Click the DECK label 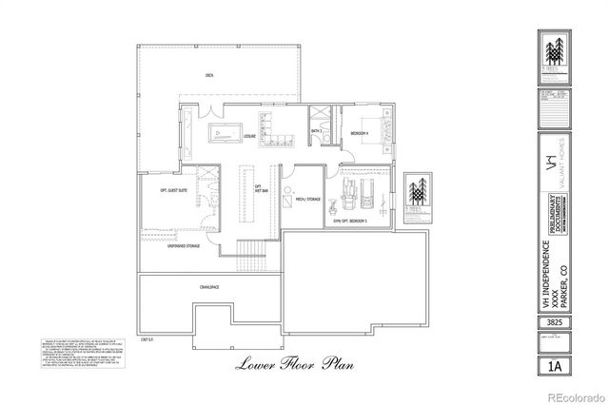tap(208, 75)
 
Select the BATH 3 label tap(316, 131)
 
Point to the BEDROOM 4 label tap(358, 132)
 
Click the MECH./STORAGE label tap(308, 201)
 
